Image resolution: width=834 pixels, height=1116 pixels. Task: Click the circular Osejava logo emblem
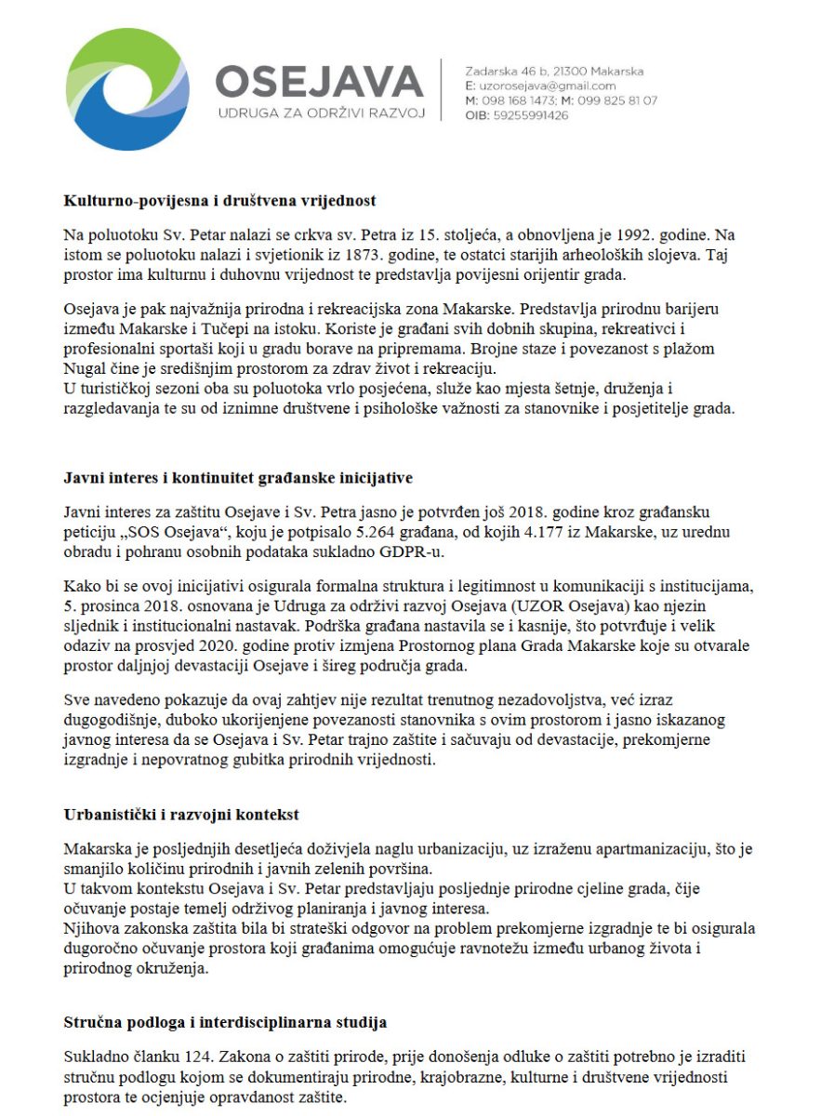pyautogui.click(x=125, y=89)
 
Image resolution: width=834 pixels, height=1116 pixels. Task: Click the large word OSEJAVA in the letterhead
pyautogui.click(x=319, y=82)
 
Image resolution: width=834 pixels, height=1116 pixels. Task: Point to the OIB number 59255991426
pyautogui.click(x=529, y=115)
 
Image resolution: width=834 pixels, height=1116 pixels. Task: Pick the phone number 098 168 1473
pyautogui.click(x=517, y=100)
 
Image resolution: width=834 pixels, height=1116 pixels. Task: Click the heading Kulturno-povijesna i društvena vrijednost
pyautogui.click(x=219, y=200)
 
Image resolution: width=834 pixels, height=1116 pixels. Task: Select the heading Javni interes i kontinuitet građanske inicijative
pyautogui.click(x=238, y=478)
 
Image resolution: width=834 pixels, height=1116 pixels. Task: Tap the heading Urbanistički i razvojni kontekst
pyautogui.click(x=181, y=814)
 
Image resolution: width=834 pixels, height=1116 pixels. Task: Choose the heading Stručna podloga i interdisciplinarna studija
pyautogui.click(x=225, y=1022)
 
